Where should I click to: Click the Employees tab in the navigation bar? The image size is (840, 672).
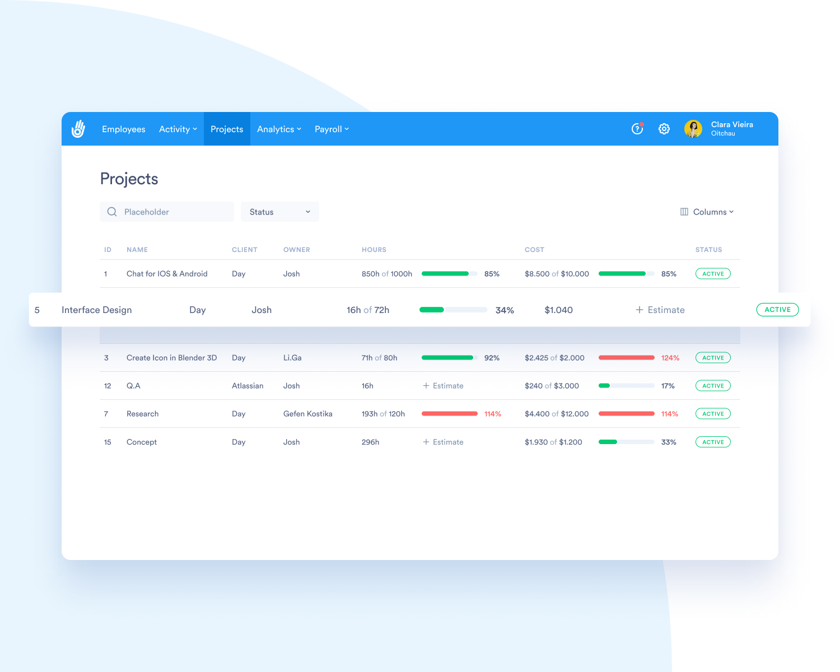123,129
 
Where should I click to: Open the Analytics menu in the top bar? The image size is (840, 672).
279,129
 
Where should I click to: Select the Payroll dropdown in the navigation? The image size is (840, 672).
332,129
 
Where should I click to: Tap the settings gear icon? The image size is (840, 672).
664,129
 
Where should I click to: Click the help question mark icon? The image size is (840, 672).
637,129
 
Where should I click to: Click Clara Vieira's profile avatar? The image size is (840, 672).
693,129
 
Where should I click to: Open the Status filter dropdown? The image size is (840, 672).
279,212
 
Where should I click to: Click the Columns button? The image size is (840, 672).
707,212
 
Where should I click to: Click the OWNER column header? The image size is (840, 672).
296,250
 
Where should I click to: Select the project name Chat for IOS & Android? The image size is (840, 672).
167,274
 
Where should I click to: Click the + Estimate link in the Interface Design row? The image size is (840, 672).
660,310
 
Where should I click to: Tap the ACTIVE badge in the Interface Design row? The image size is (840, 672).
777,310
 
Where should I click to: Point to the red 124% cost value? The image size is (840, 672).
670,358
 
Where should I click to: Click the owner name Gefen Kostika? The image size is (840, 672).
307,414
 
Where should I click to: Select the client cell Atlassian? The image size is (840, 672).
248,386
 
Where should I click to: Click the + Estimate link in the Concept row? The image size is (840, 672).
443,442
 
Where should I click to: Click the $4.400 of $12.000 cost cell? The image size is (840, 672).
557,414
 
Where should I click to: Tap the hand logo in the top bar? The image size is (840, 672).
78,129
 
